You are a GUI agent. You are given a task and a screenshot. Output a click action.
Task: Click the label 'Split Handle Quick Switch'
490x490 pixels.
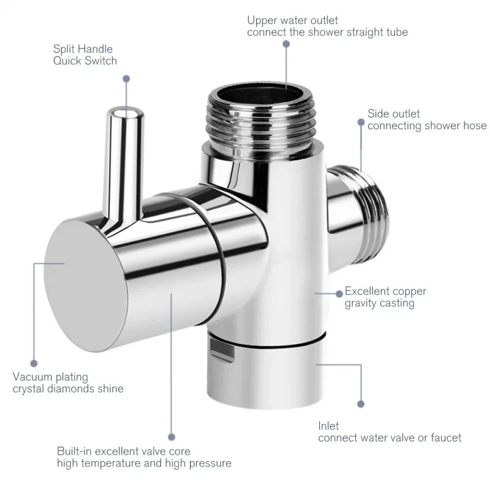(x=85, y=55)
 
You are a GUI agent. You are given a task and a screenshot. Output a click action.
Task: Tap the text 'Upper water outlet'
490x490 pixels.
(x=292, y=21)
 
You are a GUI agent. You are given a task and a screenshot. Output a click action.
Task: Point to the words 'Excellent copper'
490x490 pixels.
(x=385, y=292)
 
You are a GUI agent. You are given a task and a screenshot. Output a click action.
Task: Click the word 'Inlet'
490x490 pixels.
(x=328, y=426)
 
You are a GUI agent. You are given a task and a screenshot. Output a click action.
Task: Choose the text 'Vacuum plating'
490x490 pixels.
(x=50, y=377)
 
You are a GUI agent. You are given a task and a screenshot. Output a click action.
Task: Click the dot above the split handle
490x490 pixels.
(x=127, y=78)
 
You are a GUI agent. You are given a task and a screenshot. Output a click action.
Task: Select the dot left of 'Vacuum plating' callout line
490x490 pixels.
(x=34, y=363)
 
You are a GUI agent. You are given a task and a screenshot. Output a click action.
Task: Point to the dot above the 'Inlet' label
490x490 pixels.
(x=361, y=404)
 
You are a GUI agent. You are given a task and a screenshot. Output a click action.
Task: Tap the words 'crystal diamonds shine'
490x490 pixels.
(x=68, y=389)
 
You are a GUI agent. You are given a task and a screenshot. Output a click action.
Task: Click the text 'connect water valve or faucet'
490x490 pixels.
(x=390, y=438)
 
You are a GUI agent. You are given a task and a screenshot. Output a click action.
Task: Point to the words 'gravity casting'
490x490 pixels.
(x=379, y=303)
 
